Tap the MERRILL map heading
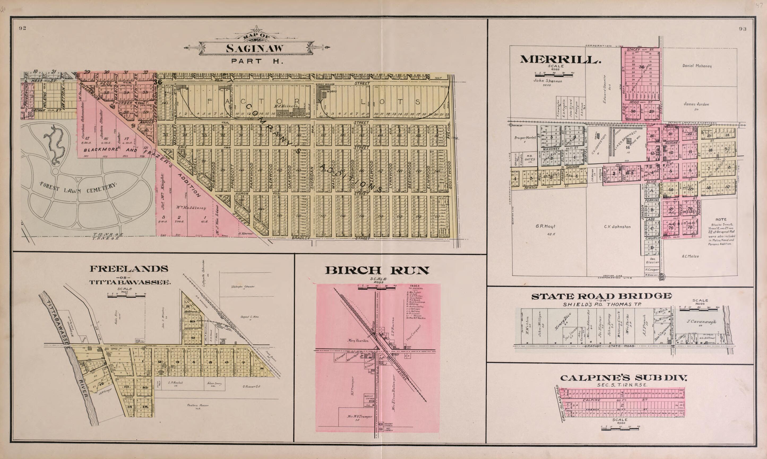point(560,60)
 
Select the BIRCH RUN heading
point(377,271)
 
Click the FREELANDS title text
point(129,269)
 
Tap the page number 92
point(22,28)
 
